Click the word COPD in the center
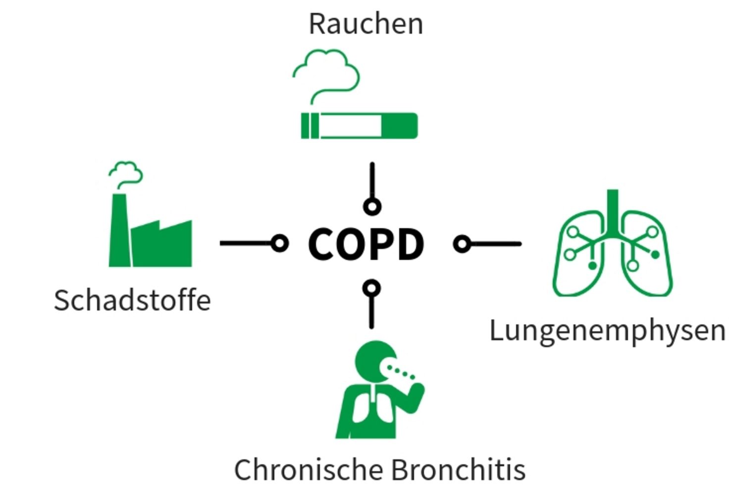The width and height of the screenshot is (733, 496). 366,244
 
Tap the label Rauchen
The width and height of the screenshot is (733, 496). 366,24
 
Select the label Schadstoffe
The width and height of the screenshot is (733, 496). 133,300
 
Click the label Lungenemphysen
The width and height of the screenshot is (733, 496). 608,331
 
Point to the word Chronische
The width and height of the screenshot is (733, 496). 309,469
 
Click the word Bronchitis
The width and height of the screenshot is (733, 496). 459,469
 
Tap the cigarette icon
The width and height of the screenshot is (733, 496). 359,126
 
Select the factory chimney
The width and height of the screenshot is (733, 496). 120,230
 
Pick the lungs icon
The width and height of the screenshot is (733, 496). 613,243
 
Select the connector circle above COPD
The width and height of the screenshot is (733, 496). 372,207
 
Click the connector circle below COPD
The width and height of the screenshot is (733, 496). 371,289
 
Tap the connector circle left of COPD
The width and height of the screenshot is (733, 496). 280,244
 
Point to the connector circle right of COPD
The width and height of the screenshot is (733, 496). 462,244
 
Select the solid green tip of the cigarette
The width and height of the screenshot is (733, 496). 400,126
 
